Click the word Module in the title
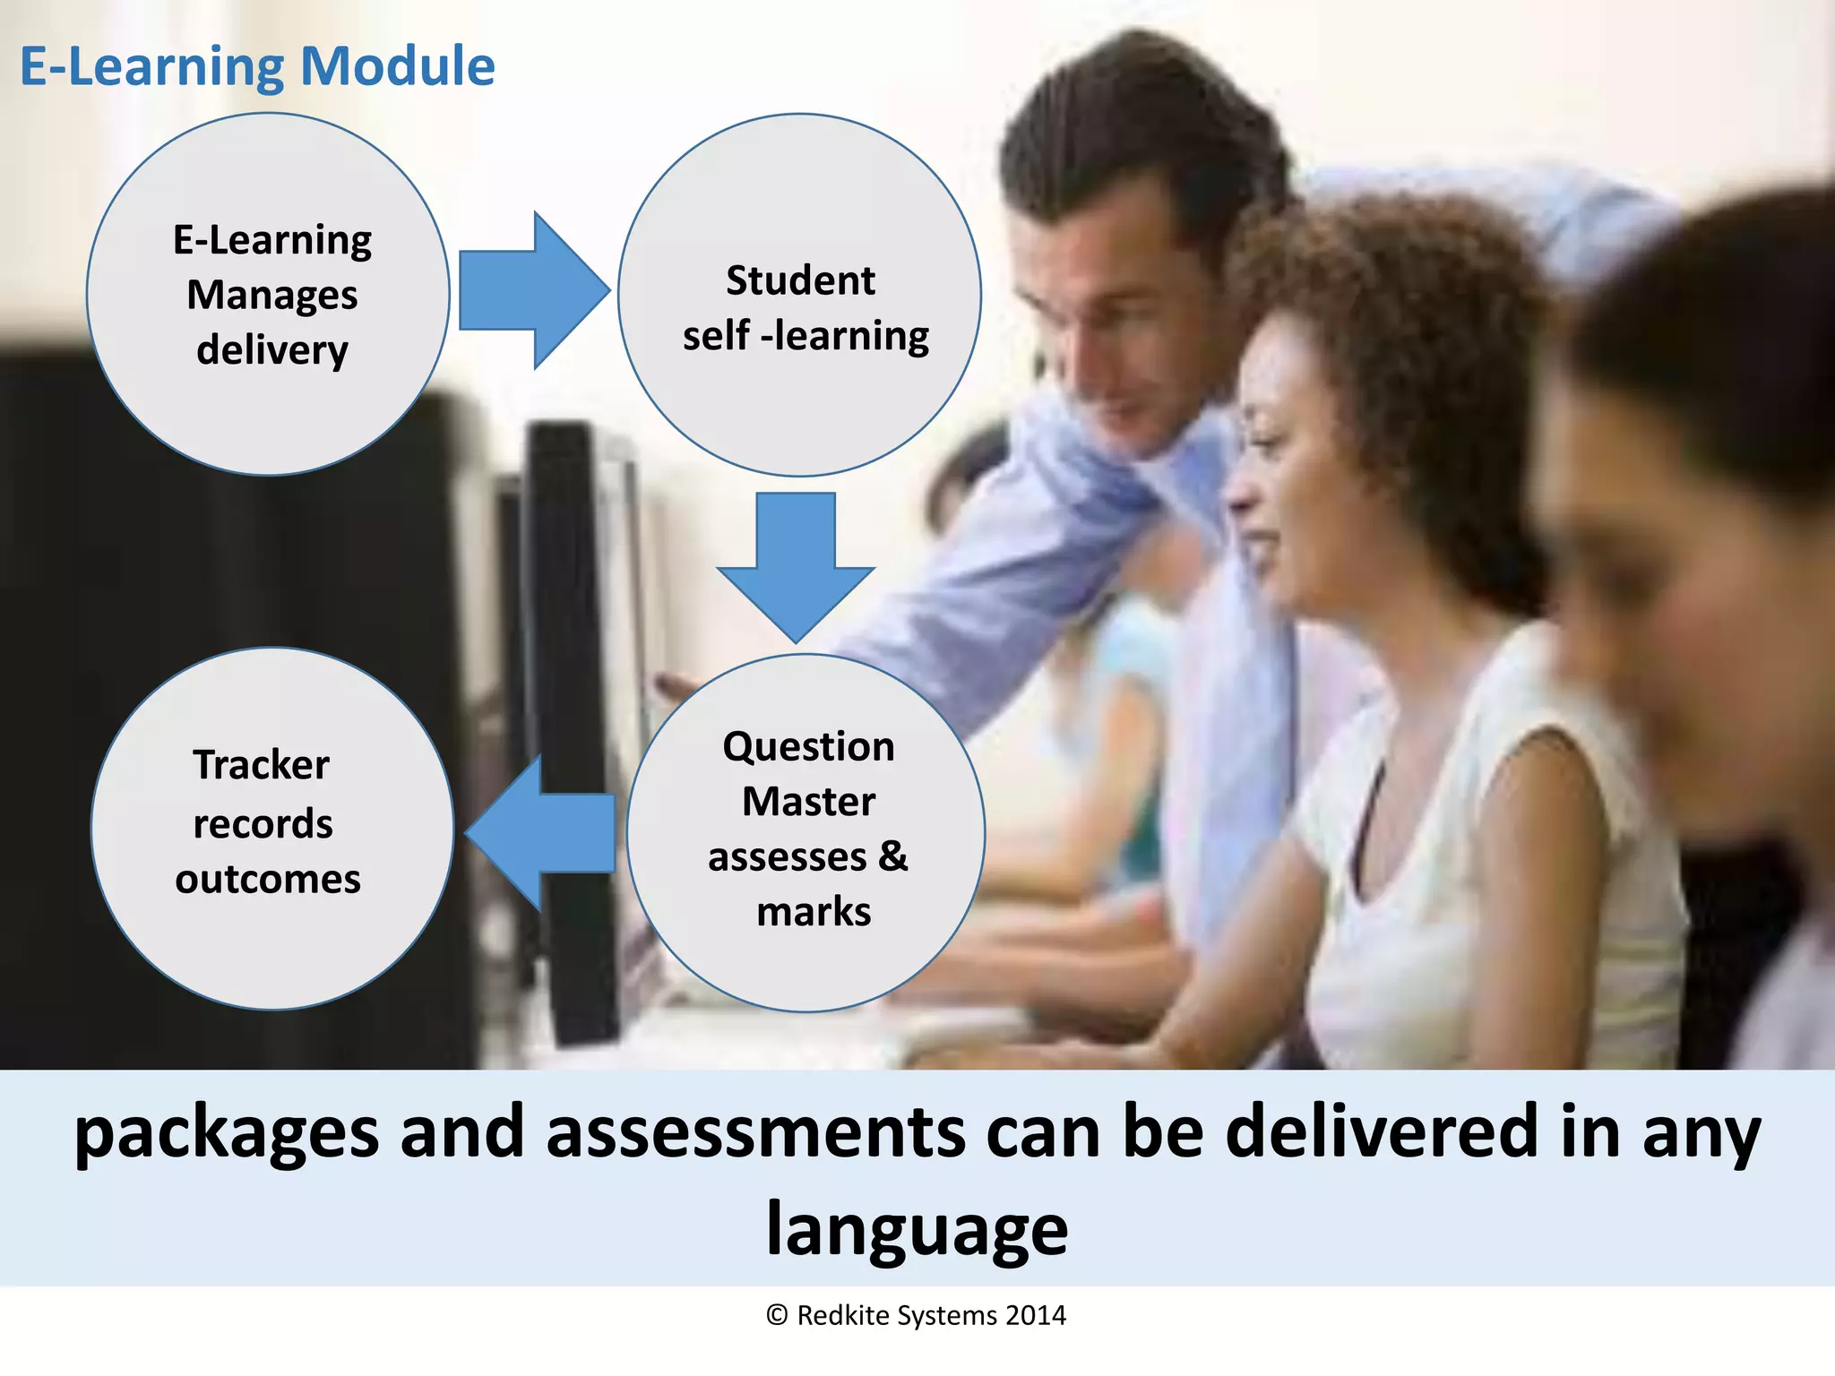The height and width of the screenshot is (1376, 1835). click(x=397, y=66)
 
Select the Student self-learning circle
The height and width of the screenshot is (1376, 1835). click(x=799, y=296)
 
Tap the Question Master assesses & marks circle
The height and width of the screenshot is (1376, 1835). click(x=806, y=833)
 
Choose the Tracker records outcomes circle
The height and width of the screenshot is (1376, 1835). click(x=271, y=829)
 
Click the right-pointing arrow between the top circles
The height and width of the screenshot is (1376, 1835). click(x=534, y=291)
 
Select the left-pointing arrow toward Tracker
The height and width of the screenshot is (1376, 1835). click(x=540, y=833)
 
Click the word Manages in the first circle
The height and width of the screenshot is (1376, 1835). click(x=271, y=296)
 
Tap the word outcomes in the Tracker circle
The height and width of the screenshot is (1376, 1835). click(x=268, y=880)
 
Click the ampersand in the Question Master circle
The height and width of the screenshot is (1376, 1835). click(x=892, y=856)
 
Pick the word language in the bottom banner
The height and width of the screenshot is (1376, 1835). click(x=917, y=1230)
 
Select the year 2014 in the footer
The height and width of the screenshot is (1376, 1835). click(x=1035, y=1316)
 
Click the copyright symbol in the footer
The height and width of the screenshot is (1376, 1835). click(x=777, y=1316)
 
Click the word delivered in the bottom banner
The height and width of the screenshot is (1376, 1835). click(x=1382, y=1132)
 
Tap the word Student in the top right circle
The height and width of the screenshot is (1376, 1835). click(x=800, y=281)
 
